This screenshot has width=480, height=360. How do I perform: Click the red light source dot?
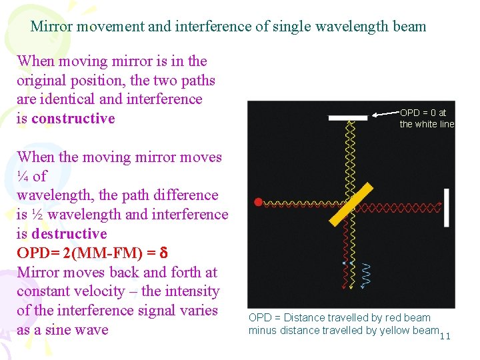(x=258, y=201)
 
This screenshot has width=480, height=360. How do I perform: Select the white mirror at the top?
(x=348, y=118)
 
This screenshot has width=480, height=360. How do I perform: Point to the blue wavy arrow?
(x=365, y=275)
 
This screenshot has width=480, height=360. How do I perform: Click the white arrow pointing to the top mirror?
(x=383, y=115)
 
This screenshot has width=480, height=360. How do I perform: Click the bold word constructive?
(x=73, y=119)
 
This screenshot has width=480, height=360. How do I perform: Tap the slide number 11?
(x=445, y=335)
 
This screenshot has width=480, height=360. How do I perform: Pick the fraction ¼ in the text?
(x=23, y=177)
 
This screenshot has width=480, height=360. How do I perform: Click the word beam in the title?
(x=409, y=27)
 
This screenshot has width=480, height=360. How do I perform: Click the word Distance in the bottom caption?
(x=304, y=318)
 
